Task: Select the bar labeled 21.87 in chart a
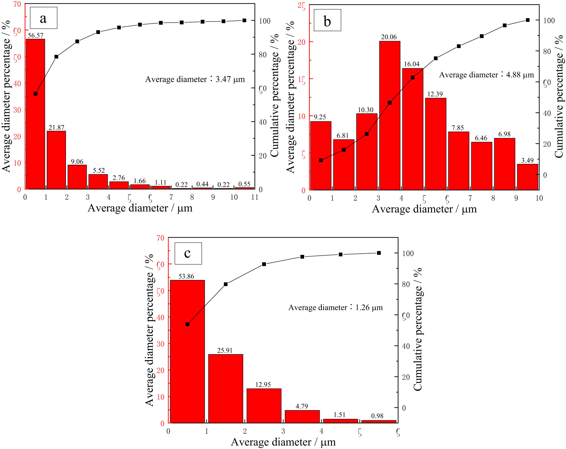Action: (56, 160)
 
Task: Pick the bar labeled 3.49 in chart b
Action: (528, 177)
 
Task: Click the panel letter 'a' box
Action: (43, 18)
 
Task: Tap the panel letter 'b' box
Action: (327, 20)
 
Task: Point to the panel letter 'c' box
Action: (188, 253)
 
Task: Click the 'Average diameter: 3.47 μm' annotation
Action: (195, 79)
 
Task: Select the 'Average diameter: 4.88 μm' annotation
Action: (486, 75)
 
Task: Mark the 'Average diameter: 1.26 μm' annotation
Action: (335, 307)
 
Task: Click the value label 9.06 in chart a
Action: (77, 162)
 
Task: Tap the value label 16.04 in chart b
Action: (412, 64)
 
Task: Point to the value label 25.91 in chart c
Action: (225, 350)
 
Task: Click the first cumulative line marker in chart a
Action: (35, 94)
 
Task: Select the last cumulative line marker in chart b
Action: (528, 20)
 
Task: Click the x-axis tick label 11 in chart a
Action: (255, 197)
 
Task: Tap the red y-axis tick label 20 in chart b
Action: (302, 42)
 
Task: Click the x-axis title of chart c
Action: (283, 442)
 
